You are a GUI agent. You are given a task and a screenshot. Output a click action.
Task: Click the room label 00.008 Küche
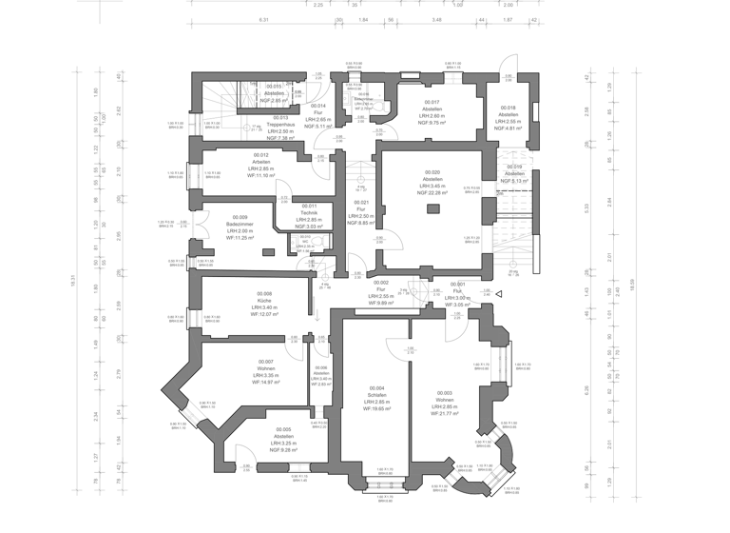[x=264, y=304]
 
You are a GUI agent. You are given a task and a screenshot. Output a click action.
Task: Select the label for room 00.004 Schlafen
[x=377, y=402]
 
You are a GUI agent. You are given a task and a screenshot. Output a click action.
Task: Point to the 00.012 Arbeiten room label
[x=261, y=165]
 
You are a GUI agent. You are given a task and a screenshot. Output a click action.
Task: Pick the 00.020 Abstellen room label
[x=432, y=182]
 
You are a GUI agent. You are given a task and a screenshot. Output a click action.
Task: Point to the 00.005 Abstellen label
[x=282, y=440]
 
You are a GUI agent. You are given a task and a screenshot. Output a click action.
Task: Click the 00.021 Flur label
[x=361, y=213]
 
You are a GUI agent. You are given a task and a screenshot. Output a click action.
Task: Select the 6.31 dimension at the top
[x=263, y=19]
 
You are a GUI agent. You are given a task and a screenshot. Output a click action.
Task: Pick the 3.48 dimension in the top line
[x=436, y=19]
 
